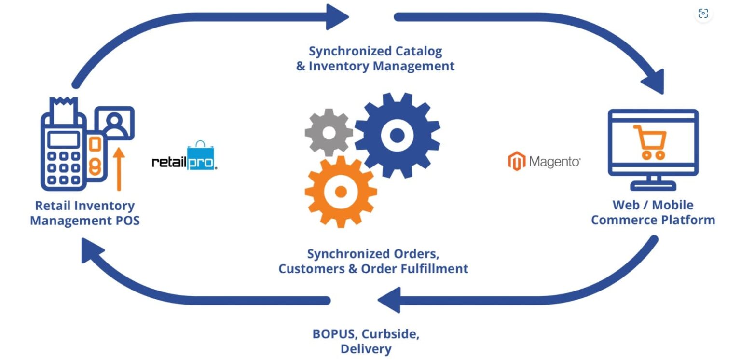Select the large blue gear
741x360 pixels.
397,136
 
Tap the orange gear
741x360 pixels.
341,192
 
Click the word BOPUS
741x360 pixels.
333,334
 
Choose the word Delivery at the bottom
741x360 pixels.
366,349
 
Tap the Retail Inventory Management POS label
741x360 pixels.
85,213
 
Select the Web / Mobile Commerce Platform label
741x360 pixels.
653,212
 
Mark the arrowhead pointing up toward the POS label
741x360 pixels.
92,251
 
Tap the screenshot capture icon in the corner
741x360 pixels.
703,14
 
